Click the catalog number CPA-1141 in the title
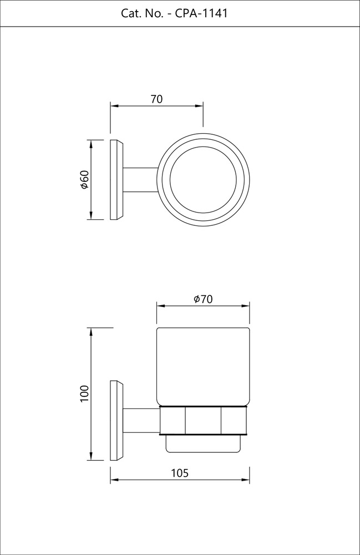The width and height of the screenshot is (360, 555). (201, 13)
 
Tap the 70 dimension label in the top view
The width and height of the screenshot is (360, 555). (156, 99)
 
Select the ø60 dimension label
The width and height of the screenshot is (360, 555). (85, 180)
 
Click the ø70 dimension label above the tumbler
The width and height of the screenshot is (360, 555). (203, 299)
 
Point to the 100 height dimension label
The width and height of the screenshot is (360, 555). (85, 393)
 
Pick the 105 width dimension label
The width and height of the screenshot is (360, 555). (179, 473)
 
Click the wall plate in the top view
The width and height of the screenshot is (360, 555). (116, 180)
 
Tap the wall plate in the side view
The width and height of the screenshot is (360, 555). (116, 421)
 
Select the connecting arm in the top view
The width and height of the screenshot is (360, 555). (140, 180)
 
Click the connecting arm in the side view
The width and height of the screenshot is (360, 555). (141, 421)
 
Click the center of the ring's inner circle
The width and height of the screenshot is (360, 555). (204, 180)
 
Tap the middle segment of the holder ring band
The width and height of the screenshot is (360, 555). (203, 421)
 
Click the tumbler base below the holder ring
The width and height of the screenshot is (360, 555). (203, 442)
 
